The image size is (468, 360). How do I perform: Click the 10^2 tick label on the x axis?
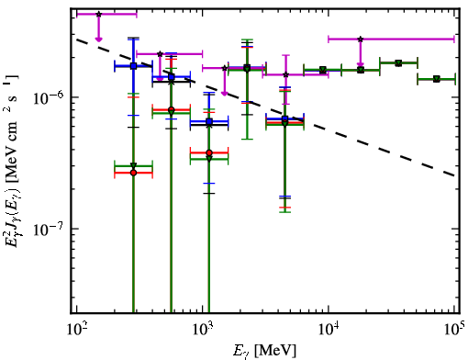click(x=77, y=329)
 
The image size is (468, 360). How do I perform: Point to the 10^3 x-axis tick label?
click(x=203, y=329)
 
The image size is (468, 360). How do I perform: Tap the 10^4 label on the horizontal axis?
click(x=329, y=329)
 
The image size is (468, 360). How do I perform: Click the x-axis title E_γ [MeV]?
click(x=264, y=351)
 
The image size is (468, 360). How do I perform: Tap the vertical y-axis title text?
click(x=12, y=161)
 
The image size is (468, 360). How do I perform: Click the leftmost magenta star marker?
click(x=98, y=14)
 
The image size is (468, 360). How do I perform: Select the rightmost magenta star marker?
click(x=361, y=39)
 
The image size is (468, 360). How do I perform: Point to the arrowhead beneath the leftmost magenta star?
click(x=98, y=39)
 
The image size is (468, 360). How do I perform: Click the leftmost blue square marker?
click(x=133, y=66)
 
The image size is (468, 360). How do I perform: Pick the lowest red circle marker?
click(x=133, y=173)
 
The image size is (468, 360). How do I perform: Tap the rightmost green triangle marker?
click(x=437, y=79)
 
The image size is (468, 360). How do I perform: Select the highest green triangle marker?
click(x=398, y=63)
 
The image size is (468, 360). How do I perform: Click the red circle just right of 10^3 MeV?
click(x=209, y=152)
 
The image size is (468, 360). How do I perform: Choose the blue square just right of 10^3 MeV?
click(x=209, y=122)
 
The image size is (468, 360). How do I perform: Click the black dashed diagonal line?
click(x=266, y=108)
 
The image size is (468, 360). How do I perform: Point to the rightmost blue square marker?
click(x=284, y=118)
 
